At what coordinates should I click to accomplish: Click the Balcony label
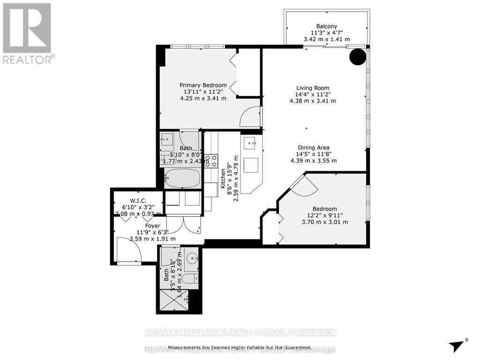coord(326,26)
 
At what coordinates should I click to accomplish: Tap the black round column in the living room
coord(358,57)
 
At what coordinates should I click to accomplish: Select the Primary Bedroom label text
coord(203,85)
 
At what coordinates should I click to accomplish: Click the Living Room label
coord(312,88)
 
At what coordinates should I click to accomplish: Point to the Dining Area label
coord(313,148)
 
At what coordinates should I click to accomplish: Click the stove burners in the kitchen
coord(211,161)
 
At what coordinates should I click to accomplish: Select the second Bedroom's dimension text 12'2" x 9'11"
coord(325,216)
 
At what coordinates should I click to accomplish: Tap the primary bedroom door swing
coord(250,117)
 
